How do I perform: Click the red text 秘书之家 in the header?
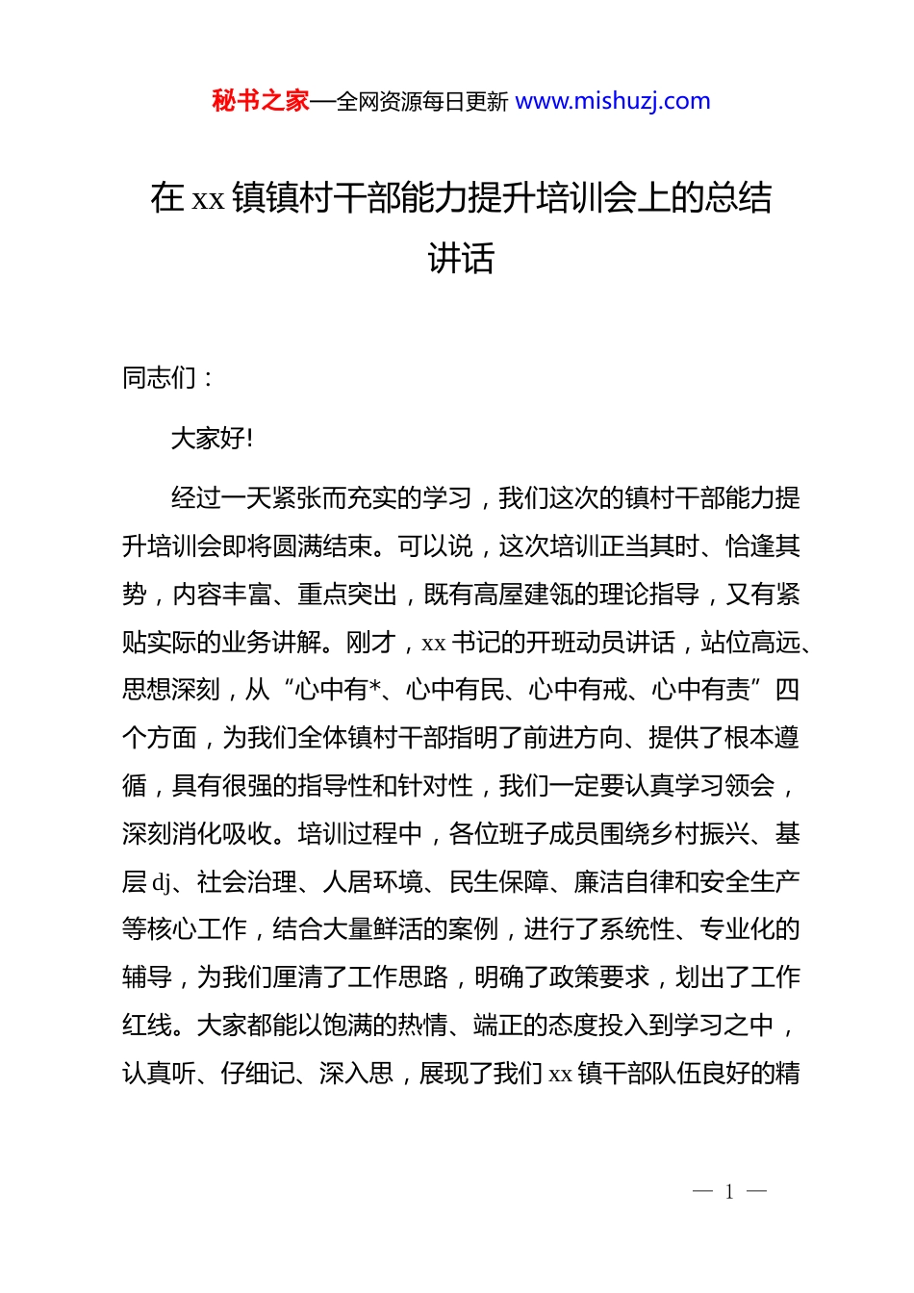pyautogui.click(x=261, y=101)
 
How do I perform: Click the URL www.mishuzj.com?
pyautogui.click(x=613, y=101)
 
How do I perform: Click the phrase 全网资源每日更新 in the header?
pyautogui.click(x=422, y=102)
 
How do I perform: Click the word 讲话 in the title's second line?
pyautogui.click(x=461, y=258)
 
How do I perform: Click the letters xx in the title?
pyautogui.click(x=208, y=199)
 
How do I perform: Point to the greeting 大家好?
pyautogui.click(x=213, y=439)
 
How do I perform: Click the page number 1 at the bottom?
pyautogui.click(x=729, y=1192)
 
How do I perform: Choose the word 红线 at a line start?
pyautogui.click(x=147, y=1026)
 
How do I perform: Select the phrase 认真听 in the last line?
pyautogui.click(x=160, y=1074)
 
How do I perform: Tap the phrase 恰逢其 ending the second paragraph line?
pyautogui.click(x=763, y=546)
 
